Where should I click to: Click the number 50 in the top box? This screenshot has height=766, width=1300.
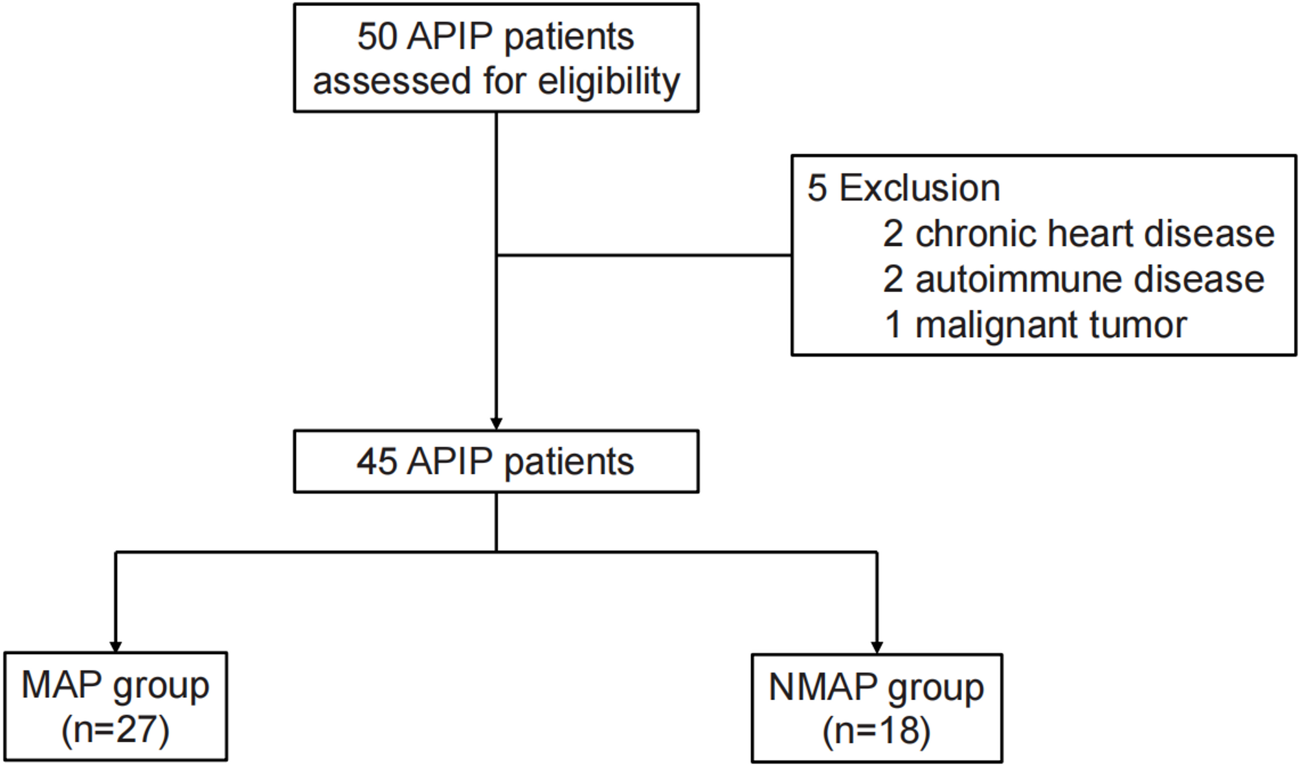pyautogui.click(x=376, y=37)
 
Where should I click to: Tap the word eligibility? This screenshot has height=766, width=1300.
pyautogui.click(x=609, y=82)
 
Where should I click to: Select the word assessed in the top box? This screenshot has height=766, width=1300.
pyautogui.click(x=392, y=82)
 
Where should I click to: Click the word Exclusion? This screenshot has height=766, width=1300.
pyautogui.click(x=919, y=188)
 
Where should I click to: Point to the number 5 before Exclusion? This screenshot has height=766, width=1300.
pyautogui.click(x=817, y=188)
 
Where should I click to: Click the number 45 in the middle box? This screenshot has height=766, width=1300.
pyautogui.click(x=376, y=462)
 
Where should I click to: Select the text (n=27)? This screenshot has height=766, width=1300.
pyautogui.click(x=115, y=730)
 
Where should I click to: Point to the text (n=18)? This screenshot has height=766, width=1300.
pyautogui.click(x=877, y=732)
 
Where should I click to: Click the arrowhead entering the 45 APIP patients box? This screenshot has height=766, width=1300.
pyautogui.click(x=497, y=423)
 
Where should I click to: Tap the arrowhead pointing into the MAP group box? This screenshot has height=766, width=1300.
pyautogui.click(x=116, y=646)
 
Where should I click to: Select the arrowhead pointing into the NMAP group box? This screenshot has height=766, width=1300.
pyautogui.click(x=877, y=648)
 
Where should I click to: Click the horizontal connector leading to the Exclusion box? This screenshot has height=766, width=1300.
pyautogui.click(x=644, y=255)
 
